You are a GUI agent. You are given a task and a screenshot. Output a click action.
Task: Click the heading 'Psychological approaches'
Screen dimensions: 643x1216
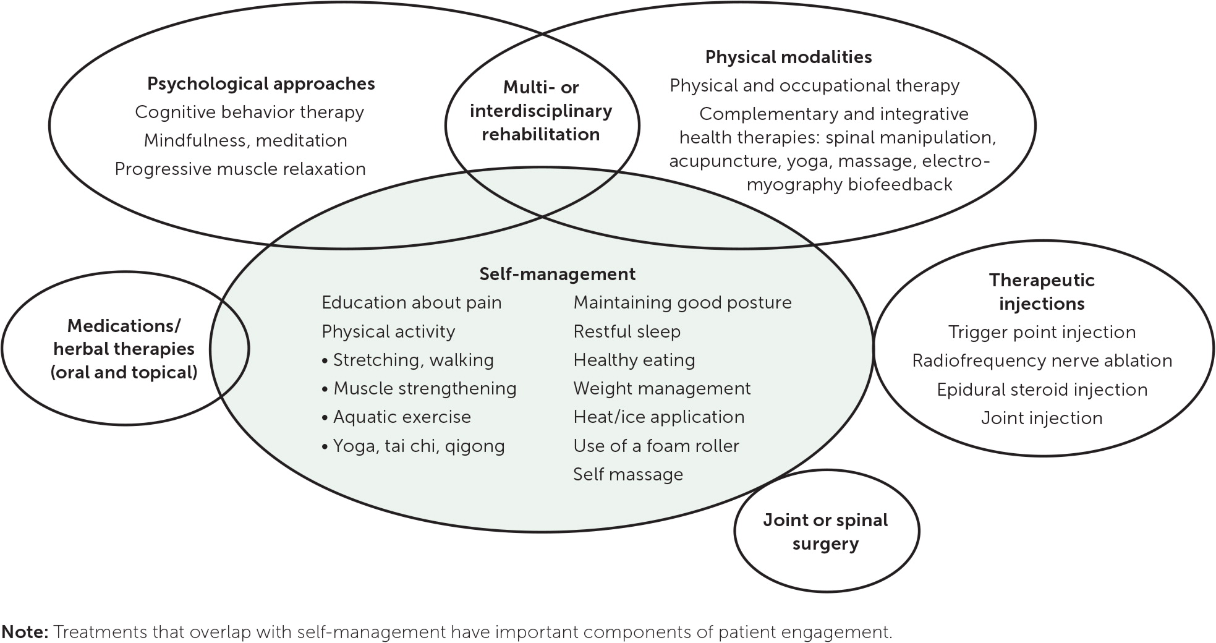coord(261,84)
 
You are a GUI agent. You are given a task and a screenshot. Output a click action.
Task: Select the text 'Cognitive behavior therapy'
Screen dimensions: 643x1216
coord(249,113)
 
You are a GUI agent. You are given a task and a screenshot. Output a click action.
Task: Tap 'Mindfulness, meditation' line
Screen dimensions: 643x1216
coord(245,141)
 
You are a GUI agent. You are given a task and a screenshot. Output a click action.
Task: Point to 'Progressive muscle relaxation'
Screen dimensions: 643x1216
coord(240,169)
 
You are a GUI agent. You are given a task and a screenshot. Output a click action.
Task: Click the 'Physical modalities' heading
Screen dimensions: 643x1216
coord(788,57)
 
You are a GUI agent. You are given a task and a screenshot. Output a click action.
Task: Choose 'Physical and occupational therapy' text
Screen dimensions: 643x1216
coord(814,86)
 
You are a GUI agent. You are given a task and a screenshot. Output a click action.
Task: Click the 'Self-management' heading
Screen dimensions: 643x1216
coord(557,274)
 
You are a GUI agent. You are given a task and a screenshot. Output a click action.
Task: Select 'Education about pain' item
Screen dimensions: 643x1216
coord(411,303)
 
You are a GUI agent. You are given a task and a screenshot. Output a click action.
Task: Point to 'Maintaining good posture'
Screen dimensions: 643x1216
coord(682,303)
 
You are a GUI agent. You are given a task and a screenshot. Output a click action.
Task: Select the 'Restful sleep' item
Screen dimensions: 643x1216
coord(626,332)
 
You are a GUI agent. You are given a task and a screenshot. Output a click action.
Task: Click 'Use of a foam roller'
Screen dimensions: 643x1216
coord(656,446)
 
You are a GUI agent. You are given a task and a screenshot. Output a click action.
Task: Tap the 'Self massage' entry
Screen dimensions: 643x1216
coord(627,475)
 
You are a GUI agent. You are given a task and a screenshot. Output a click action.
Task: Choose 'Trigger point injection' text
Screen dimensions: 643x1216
coord(1042,333)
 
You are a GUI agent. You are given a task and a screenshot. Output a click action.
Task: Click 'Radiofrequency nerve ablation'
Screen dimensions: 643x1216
coord(1042,361)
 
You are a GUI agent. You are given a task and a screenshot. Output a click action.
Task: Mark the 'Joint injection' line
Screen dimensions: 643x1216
coord(1042,419)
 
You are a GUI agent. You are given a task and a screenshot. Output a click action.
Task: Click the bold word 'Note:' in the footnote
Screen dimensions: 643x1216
coord(25,632)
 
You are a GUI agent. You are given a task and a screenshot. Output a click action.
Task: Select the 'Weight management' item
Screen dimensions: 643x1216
coord(661,389)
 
